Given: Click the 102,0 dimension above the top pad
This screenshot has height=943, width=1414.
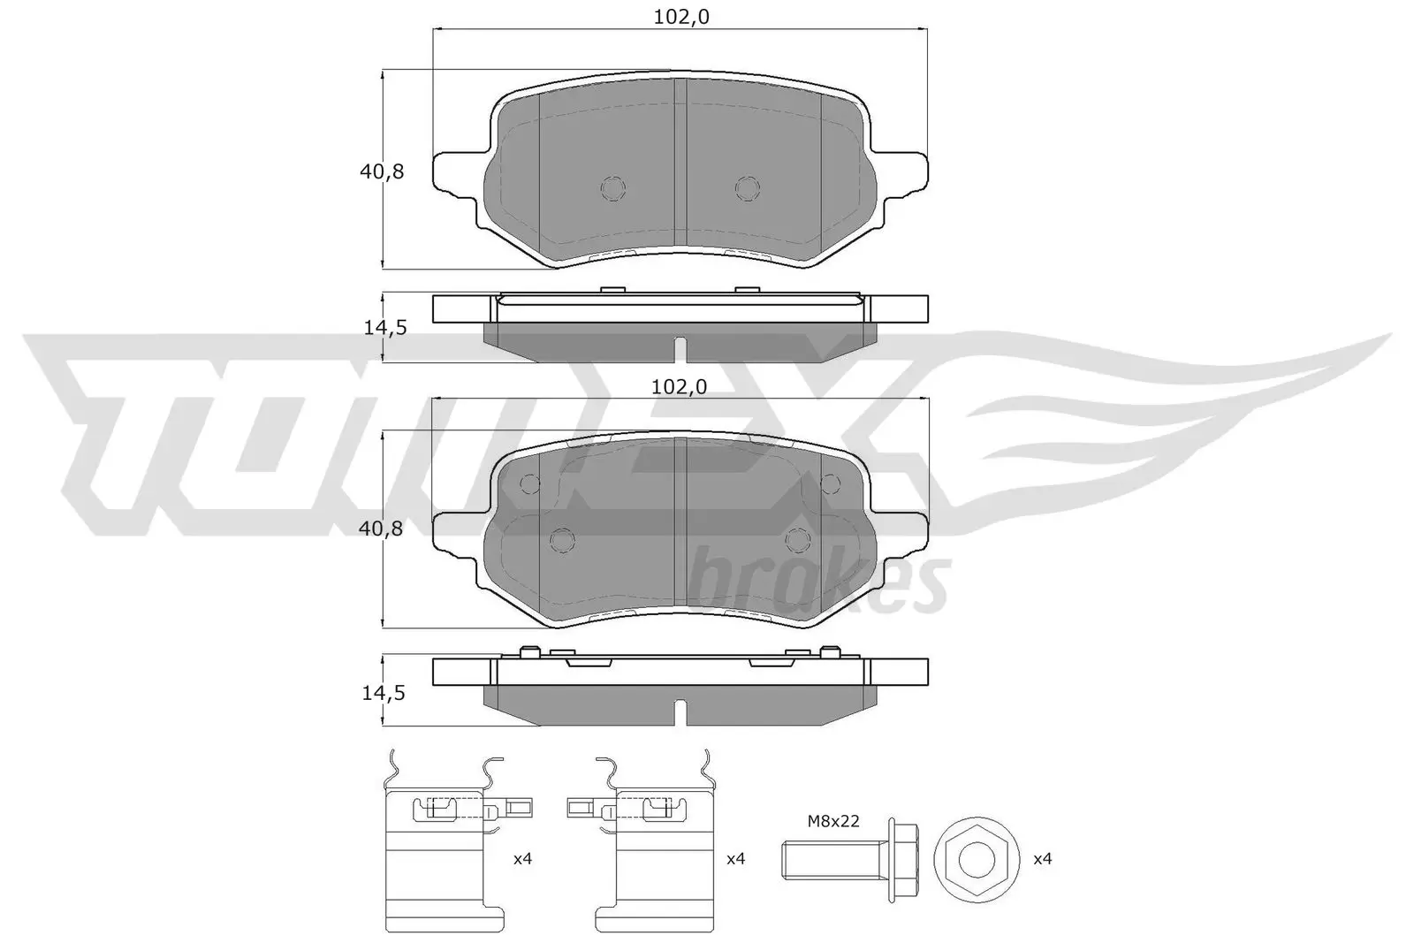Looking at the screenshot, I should (680, 17).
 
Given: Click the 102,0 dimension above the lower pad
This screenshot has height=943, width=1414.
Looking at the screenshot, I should (680, 386).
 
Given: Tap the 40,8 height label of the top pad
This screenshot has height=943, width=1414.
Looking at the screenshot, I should (382, 171).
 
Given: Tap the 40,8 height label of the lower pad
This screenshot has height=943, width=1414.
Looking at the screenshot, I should (382, 529).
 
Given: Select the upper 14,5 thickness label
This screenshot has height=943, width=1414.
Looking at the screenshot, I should (384, 328).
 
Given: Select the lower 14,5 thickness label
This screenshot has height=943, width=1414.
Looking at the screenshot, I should (384, 693).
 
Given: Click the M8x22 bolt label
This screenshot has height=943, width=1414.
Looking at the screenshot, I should (832, 821).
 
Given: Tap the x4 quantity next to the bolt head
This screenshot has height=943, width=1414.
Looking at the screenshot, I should (1043, 858).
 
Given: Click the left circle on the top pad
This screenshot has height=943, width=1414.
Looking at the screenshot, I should (612, 187).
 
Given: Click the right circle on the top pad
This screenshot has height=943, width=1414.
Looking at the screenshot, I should (748, 187).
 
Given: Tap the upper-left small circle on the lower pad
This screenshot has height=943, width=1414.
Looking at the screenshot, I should (530, 483).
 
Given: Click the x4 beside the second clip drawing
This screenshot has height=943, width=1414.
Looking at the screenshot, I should (735, 858).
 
